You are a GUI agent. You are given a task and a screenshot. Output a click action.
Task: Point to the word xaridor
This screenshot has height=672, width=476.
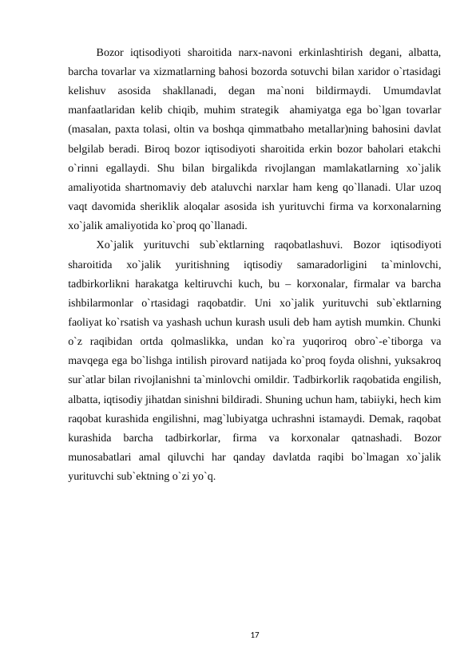(x=358, y=72)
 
